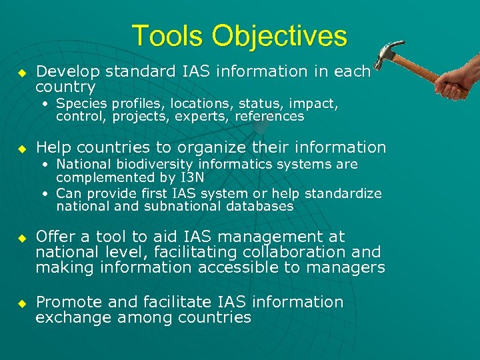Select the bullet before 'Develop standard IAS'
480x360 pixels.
(x=21, y=72)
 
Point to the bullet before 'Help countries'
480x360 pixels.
(x=21, y=148)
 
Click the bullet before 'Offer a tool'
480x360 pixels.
(x=21, y=237)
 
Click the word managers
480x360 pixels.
(x=351, y=267)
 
